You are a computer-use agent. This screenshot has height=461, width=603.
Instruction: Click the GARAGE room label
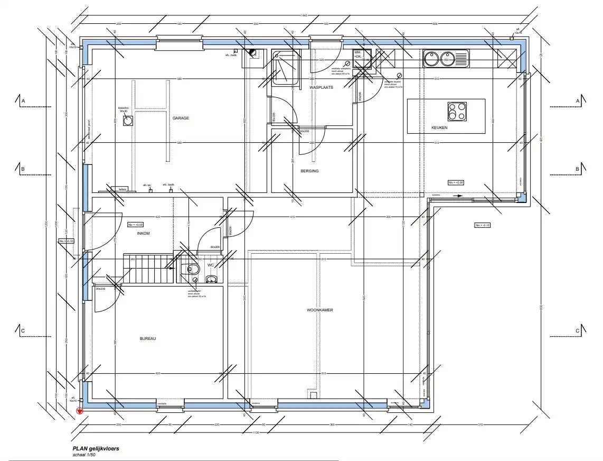click(180, 118)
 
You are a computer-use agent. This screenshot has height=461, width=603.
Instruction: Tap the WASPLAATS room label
click(322, 87)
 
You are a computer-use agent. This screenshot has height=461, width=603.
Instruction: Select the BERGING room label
click(310, 171)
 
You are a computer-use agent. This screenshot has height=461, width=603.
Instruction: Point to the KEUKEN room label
click(439, 128)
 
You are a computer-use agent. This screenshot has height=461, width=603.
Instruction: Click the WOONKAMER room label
click(320, 310)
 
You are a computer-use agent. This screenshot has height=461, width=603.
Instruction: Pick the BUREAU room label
click(148, 338)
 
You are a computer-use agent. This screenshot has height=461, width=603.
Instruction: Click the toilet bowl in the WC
click(192, 270)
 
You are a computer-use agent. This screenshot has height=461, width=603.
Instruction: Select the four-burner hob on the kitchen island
click(457, 111)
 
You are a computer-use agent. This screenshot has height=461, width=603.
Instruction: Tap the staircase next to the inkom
click(148, 268)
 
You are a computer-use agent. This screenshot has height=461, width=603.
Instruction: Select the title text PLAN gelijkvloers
click(96, 448)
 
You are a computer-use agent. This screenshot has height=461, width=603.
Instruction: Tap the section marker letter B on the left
click(23, 169)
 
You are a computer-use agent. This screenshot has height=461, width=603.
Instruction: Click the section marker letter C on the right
click(578, 331)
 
